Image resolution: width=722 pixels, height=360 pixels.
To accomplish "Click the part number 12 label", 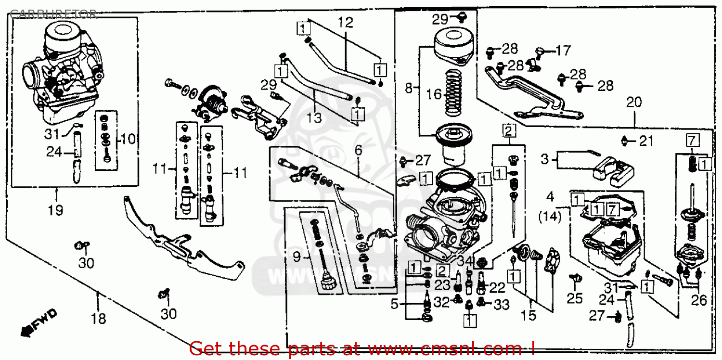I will pyautogui.click(x=345, y=22).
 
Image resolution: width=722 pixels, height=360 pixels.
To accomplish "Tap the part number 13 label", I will pyautogui.click(x=314, y=117).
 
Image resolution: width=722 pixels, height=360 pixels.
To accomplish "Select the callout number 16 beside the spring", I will pyautogui.click(x=434, y=94).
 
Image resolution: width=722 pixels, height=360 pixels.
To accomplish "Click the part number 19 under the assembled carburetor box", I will pyautogui.click(x=55, y=210).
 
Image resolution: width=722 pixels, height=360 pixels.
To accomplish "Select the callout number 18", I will pyautogui.click(x=98, y=319).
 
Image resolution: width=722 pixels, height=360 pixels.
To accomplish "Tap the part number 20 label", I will pyautogui.click(x=634, y=103).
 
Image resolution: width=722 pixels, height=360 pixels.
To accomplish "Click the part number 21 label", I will pyautogui.click(x=646, y=141).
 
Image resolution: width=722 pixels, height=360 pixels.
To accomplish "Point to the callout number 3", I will pyautogui.click(x=544, y=159).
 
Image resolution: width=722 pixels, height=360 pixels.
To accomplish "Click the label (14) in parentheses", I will pyautogui.click(x=550, y=217).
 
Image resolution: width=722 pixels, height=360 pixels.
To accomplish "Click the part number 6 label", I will pyautogui.click(x=358, y=150).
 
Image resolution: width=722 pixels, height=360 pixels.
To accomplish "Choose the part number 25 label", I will pyautogui.click(x=574, y=298).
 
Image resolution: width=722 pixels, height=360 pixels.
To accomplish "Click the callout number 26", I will pyautogui.click(x=699, y=300).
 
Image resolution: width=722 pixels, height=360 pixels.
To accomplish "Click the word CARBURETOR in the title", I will pyautogui.click(x=53, y=13).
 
